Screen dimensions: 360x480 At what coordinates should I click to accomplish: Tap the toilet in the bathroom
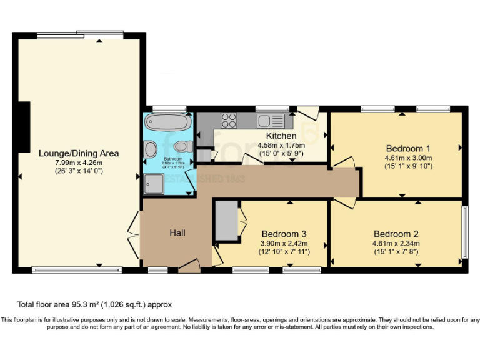182,147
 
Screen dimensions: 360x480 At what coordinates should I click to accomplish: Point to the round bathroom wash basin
151,149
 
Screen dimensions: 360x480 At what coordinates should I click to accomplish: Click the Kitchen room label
281,136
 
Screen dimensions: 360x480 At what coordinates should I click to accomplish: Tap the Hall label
177,233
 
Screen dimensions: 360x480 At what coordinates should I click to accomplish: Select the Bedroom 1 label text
408,148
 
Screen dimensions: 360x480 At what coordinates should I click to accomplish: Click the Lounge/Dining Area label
79,153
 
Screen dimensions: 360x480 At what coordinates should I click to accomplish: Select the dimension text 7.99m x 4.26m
79,162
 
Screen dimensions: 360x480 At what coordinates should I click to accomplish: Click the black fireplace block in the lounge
24,127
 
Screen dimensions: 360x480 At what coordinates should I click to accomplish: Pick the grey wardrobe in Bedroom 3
225,220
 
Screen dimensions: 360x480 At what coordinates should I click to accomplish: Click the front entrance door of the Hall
188,269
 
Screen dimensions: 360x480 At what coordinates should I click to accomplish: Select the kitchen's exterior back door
307,113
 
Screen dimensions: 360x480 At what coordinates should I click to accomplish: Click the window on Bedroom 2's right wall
464,232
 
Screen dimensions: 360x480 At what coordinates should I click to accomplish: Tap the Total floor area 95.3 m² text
94,304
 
